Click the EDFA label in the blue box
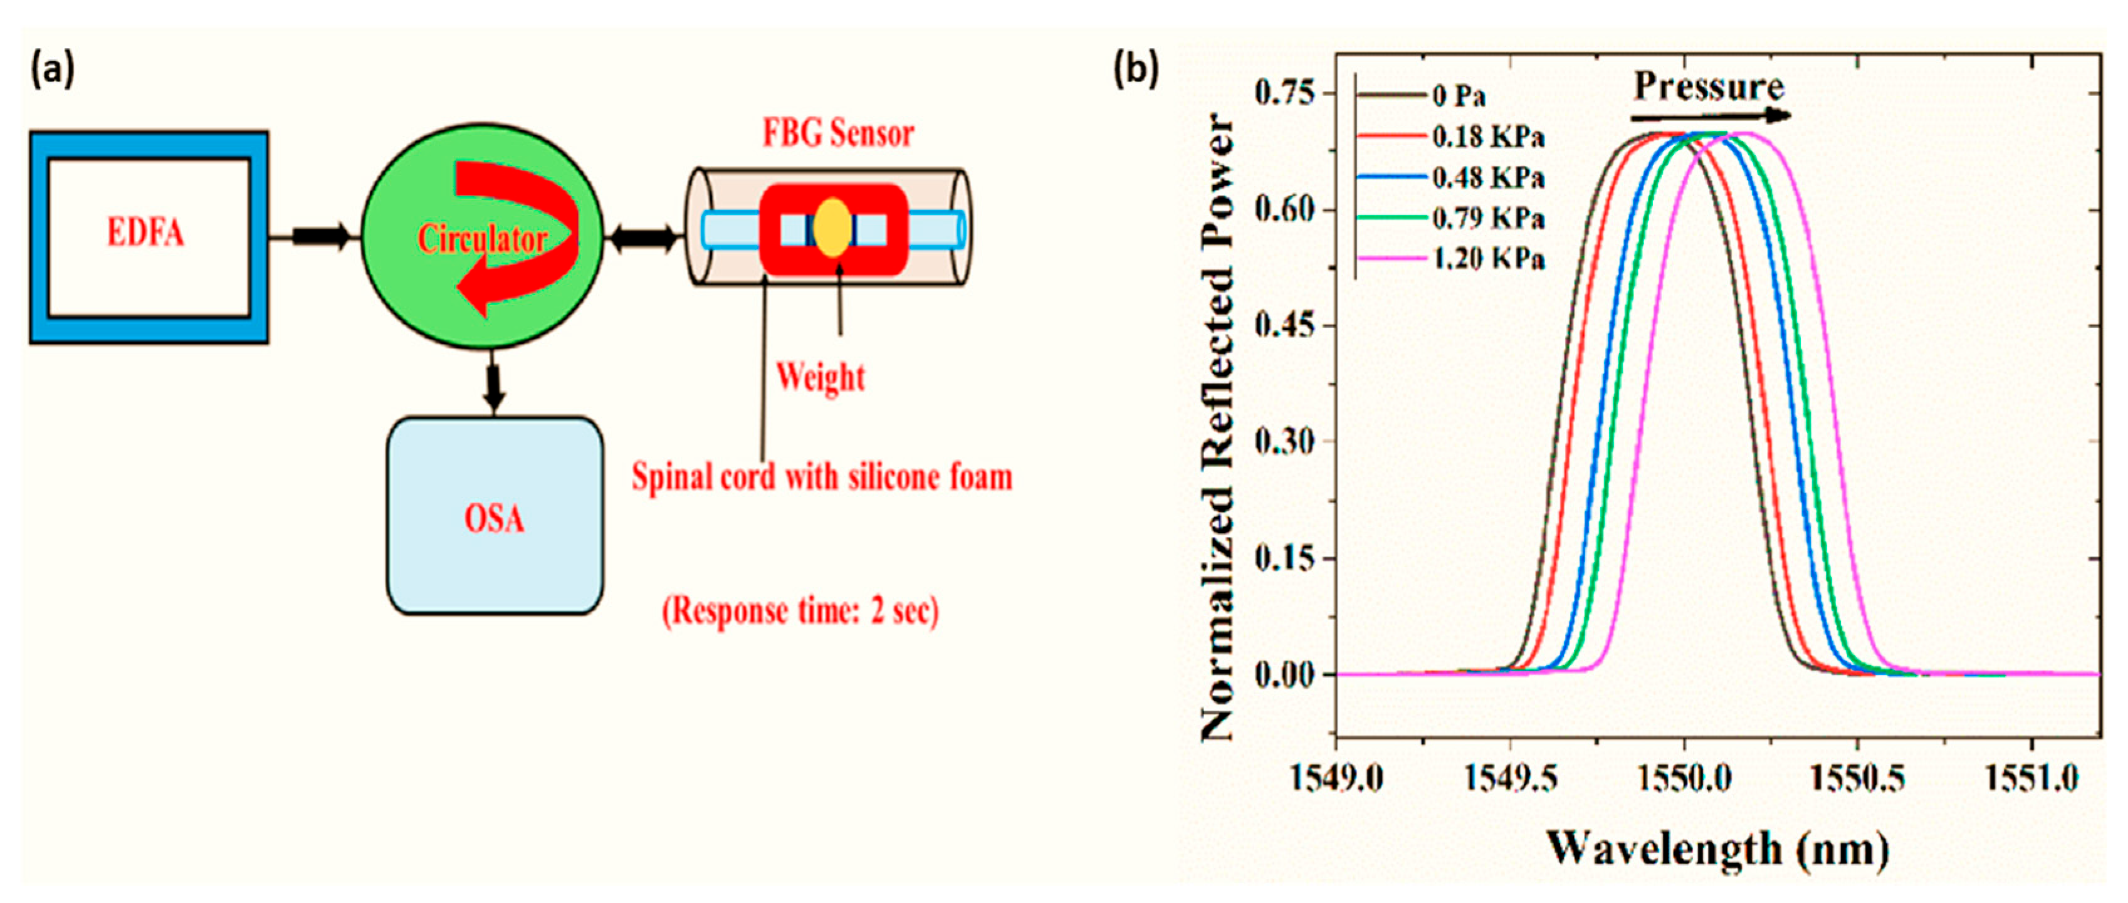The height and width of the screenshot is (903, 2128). coord(145,233)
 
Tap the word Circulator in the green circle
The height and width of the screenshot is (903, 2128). coord(483,239)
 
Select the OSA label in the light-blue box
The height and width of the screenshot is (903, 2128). coord(494,519)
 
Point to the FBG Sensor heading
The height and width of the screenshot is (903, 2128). coord(837,134)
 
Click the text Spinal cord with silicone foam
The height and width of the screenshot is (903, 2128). coord(822,478)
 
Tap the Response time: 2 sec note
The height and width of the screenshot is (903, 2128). coord(800,612)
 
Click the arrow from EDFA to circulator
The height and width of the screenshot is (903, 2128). coord(320,236)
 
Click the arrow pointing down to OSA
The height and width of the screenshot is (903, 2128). coord(494,385)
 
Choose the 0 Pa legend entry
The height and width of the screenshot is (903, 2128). coord(1459,97)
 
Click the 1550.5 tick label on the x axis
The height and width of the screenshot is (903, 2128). coord(1857,778)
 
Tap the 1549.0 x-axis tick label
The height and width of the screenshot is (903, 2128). coord(1336,778)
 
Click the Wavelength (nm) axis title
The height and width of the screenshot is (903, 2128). coord(1718,849)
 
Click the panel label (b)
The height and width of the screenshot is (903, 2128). coord(1136,68)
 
